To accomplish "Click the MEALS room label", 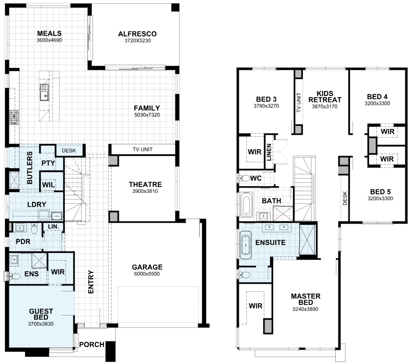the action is click(x=49, y=33).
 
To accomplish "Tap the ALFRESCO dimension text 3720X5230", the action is click(x=137, y=41).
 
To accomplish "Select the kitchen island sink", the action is click(x=45, y=92).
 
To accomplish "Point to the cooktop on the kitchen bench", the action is click(x=14, y=117).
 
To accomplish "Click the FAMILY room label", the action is click(x=147, y=108).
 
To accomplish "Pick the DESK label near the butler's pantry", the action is click(x=69, y=150).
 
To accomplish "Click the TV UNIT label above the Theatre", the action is click(x=142, y=150).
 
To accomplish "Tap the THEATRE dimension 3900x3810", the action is click(x=145, y=191).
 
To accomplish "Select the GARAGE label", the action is click(x=147, y=267).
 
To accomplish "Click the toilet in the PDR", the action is click(x=34, y=229).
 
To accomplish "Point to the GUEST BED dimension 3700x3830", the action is click(x=41, y=324).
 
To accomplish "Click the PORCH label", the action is click(x=92, y=344).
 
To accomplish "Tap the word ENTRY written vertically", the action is click(x=91, y=282).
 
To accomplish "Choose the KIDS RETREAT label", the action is click(x=325, y=97).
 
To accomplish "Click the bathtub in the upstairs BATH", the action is click(x=247, y=204).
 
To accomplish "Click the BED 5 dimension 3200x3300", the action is click(x=380, y=198).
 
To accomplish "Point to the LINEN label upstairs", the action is click(x=269, y=152).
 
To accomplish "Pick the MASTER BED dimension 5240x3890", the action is click(x=306, y=310).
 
